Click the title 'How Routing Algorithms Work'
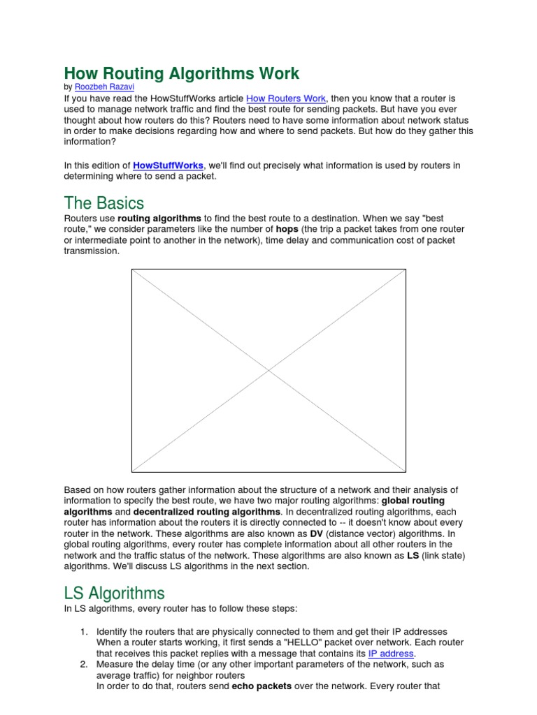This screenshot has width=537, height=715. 182,73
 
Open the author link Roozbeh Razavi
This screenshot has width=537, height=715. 104,87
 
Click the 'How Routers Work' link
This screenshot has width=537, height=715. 286,98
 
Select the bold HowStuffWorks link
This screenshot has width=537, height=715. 168,165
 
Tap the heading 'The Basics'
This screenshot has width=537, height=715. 103,203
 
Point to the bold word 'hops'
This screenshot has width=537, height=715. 287,229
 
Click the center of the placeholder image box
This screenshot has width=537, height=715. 268,370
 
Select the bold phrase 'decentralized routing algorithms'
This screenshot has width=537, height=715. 206,512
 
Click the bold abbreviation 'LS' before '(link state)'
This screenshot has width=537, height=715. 413,555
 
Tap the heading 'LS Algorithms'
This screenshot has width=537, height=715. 114,594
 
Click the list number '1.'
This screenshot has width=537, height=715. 83,632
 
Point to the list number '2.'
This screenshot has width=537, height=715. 83,665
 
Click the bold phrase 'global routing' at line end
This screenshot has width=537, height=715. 413,501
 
